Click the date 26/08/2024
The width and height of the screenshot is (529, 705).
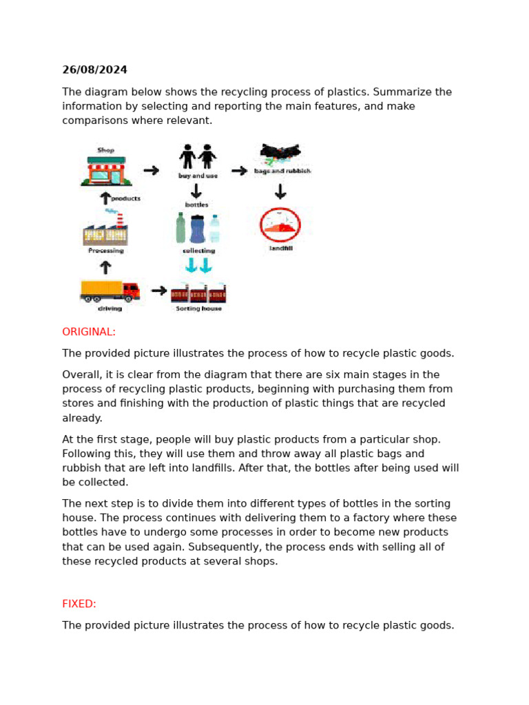click(94, 70)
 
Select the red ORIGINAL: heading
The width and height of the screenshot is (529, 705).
click(89, 332)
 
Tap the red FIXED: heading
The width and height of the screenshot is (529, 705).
click(79, 604)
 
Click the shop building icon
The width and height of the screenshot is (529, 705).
click(106, 171)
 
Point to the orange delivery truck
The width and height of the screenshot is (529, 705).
click(110, 291)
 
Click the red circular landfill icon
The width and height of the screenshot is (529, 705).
click(280, 224)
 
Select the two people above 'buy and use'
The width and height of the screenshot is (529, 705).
click(198, 157)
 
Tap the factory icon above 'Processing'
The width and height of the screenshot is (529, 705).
click(105, 231)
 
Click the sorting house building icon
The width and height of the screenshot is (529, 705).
click(198, 293)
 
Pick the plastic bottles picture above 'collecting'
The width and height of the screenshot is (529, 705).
click(198, 228)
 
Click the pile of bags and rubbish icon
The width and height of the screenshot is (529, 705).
click(280, 154)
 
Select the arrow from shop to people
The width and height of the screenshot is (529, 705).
click(151, 171)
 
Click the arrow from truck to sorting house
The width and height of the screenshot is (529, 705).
click(159, 291)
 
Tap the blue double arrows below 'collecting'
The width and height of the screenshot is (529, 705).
click(198, 265)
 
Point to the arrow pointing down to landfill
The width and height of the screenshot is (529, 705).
click(280, 191)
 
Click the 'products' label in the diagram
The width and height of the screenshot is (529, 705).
click(125, 198)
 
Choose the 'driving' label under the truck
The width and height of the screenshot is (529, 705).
click(110, 309)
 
